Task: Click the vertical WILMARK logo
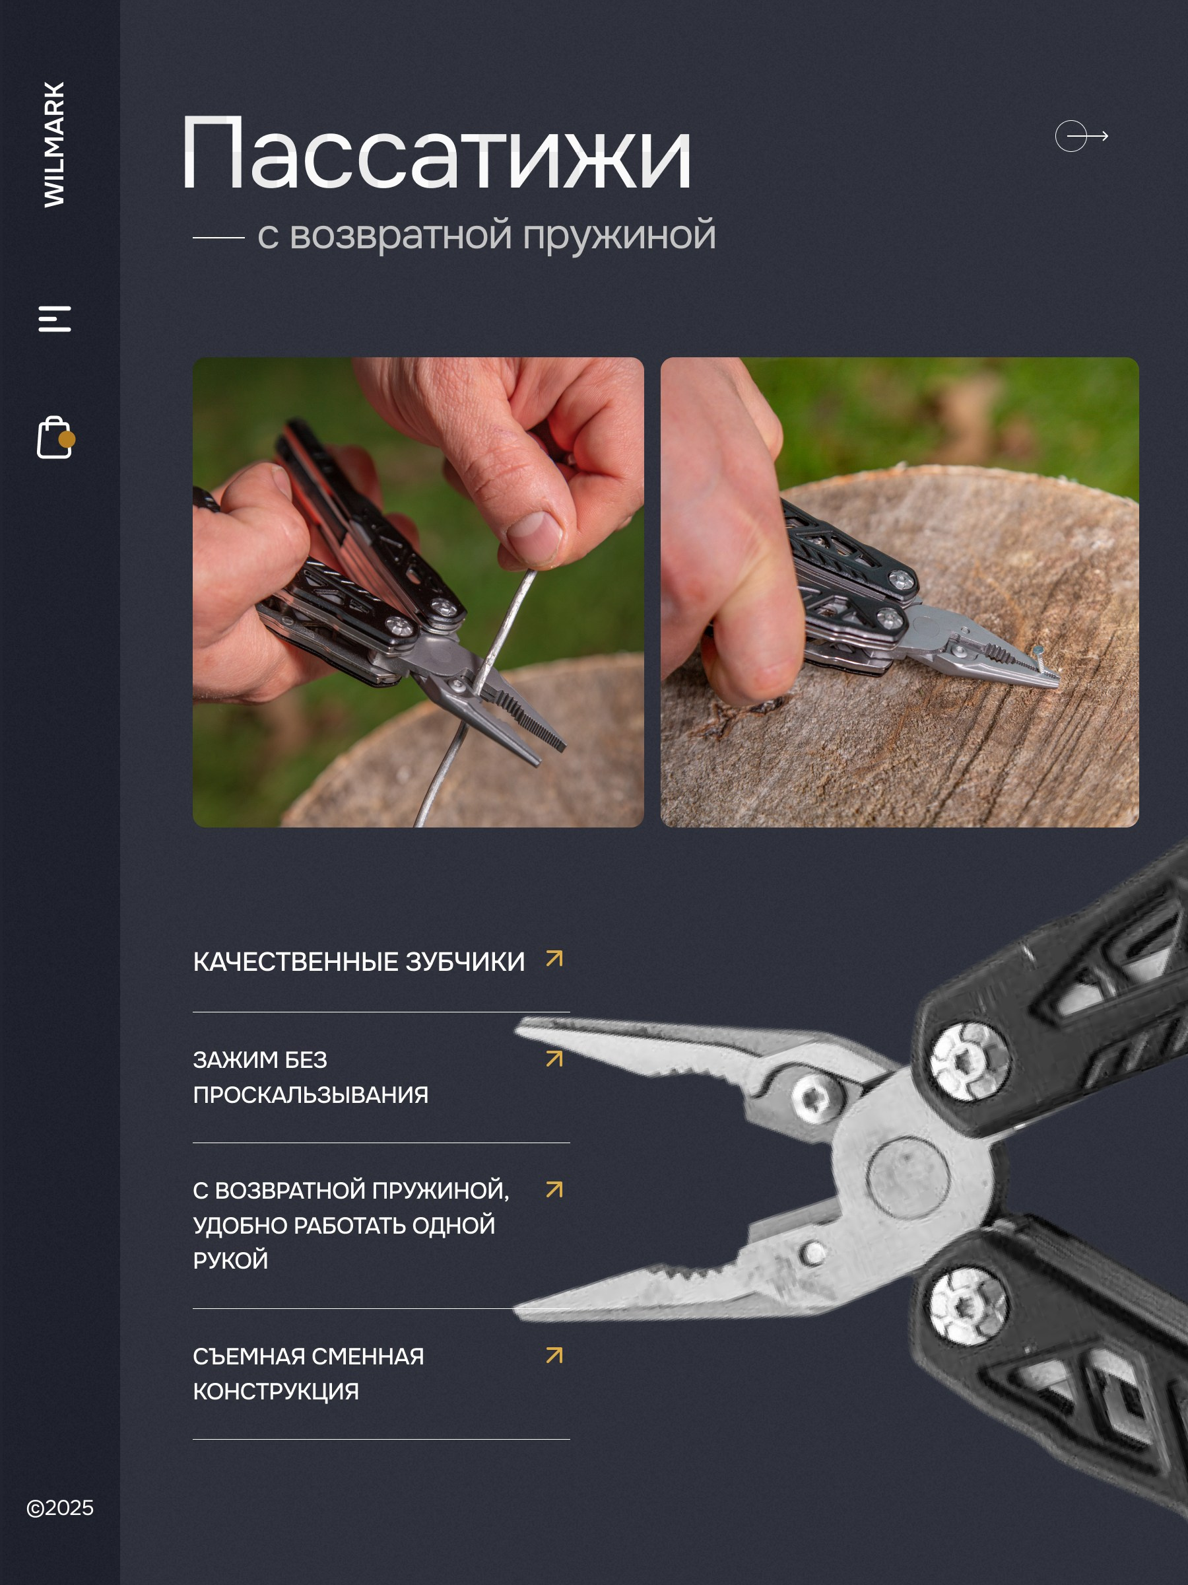tap(54, 144)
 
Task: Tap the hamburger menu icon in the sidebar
tap(54, 319)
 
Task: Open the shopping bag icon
tap(56, 437)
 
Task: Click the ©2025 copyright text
tap(60, 1508)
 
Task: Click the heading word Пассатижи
tap(436, 154)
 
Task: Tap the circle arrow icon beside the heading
tap(1081, 136)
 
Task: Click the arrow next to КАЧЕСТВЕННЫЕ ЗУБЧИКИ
tap(554, 959)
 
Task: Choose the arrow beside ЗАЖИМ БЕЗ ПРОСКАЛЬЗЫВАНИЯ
tap(554, 1059)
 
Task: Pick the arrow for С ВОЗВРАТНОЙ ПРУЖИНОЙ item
tap(554, 1189)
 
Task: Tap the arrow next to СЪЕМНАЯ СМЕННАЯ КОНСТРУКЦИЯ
tap(554, 1355)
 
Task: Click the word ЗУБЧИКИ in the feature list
tap(465, 962)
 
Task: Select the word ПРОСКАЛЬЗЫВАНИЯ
tap(311, 1095)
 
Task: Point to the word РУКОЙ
tap(230, 1260)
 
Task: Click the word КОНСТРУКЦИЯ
tap(277, 1391)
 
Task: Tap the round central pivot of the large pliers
tap(908, 1179)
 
